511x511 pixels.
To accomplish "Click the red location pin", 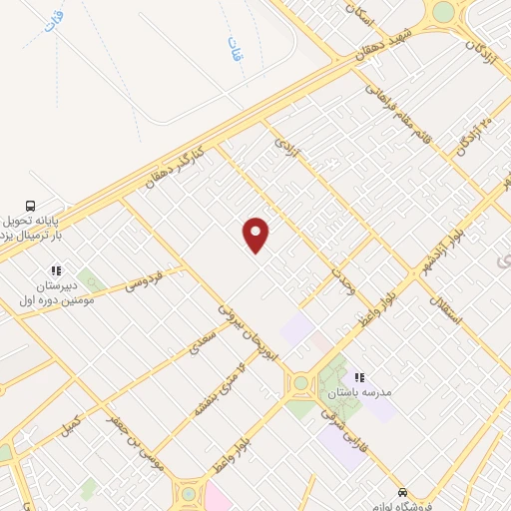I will coord(256,235).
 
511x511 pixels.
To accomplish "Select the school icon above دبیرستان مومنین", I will coord(56,269).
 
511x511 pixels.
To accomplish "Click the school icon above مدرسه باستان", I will coord(360,376).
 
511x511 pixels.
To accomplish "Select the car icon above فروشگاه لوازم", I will coord(401,492).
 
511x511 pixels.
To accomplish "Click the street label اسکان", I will coord(355,14).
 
